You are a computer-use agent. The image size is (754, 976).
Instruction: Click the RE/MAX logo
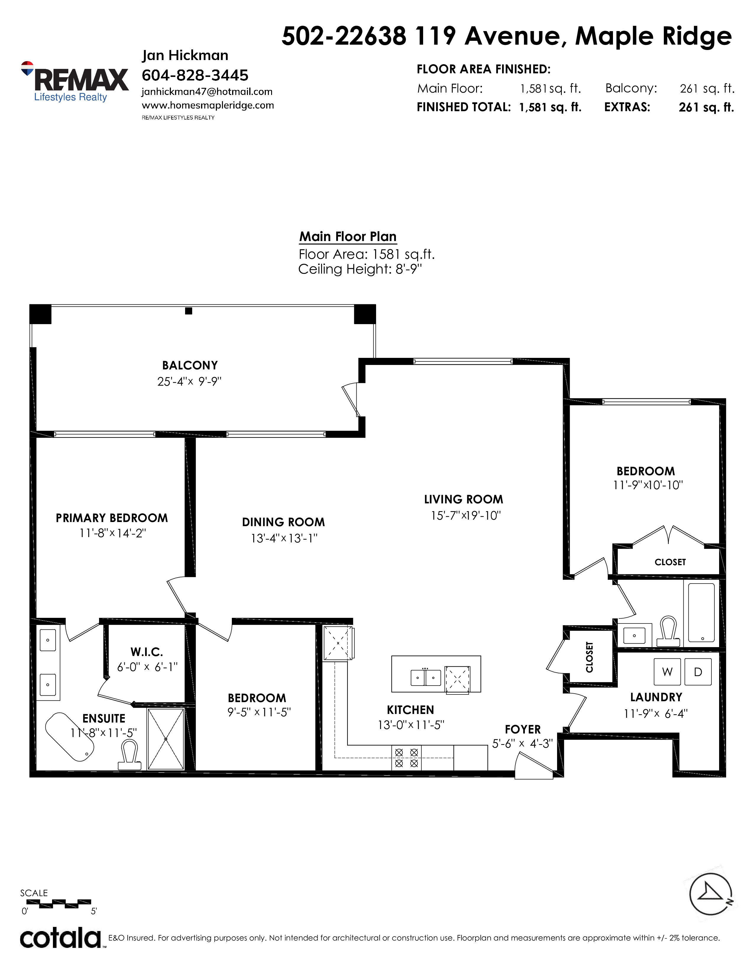[75, 82]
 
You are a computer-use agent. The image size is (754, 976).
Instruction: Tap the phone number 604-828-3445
[195, 75]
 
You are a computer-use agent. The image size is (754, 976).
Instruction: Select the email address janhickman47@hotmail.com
[207, 92]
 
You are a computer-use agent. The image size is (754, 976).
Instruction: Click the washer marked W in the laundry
[667, 671]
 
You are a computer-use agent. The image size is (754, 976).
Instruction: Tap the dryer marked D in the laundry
[698, 671]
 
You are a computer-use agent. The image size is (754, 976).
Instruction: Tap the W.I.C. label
[146, 652]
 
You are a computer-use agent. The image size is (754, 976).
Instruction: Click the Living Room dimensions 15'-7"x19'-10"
[465, 515]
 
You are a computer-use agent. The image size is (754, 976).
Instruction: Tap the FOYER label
[522, 729]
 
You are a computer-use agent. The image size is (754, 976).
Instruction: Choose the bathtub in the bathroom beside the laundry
[701, 613]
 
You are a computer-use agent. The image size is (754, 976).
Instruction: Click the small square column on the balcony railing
[189, 311]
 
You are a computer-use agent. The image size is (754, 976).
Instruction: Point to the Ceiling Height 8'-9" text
[360, 269]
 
